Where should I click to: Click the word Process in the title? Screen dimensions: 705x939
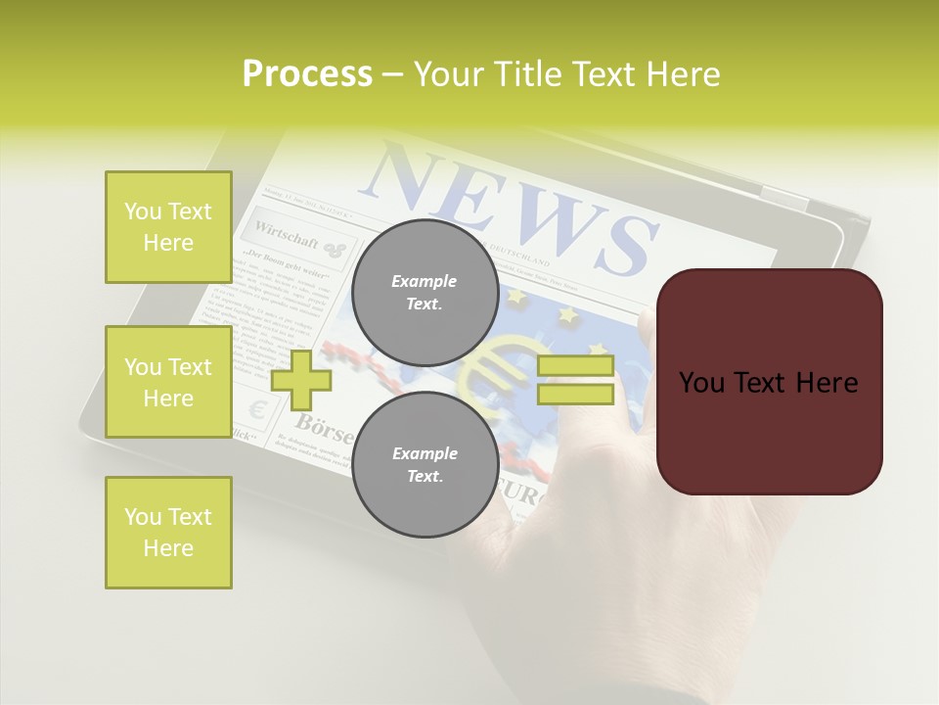pos(307,74)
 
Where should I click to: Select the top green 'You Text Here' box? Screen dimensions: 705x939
pos(168,227)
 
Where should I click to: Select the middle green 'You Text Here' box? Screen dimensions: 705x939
pos(168,382)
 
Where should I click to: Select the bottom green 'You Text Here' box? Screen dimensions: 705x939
pos(168,532)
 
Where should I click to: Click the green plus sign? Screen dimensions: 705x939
pos(301,379)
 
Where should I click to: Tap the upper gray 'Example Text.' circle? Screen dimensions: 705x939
pos(425,293)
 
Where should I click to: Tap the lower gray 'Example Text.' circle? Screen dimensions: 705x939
pos(425,465)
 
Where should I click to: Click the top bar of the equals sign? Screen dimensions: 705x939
pos(575,366)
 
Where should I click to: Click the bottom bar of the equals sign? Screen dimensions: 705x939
pos(575,395)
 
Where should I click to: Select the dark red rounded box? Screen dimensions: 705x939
pos(769,382)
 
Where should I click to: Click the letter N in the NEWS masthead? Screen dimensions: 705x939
pos(412,177)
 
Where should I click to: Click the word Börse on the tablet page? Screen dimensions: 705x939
pos(323,426)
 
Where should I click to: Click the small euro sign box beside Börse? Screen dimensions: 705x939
pos(257,409)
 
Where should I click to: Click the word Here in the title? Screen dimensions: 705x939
pos(683,74)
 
